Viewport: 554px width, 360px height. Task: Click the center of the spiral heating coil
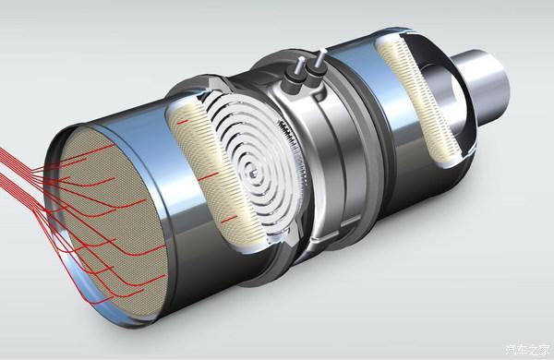(253, 174)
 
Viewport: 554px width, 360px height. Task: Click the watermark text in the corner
(528, 351)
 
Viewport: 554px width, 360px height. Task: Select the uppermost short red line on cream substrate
(182, 122)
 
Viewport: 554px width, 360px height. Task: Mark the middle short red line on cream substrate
(208, 176)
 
